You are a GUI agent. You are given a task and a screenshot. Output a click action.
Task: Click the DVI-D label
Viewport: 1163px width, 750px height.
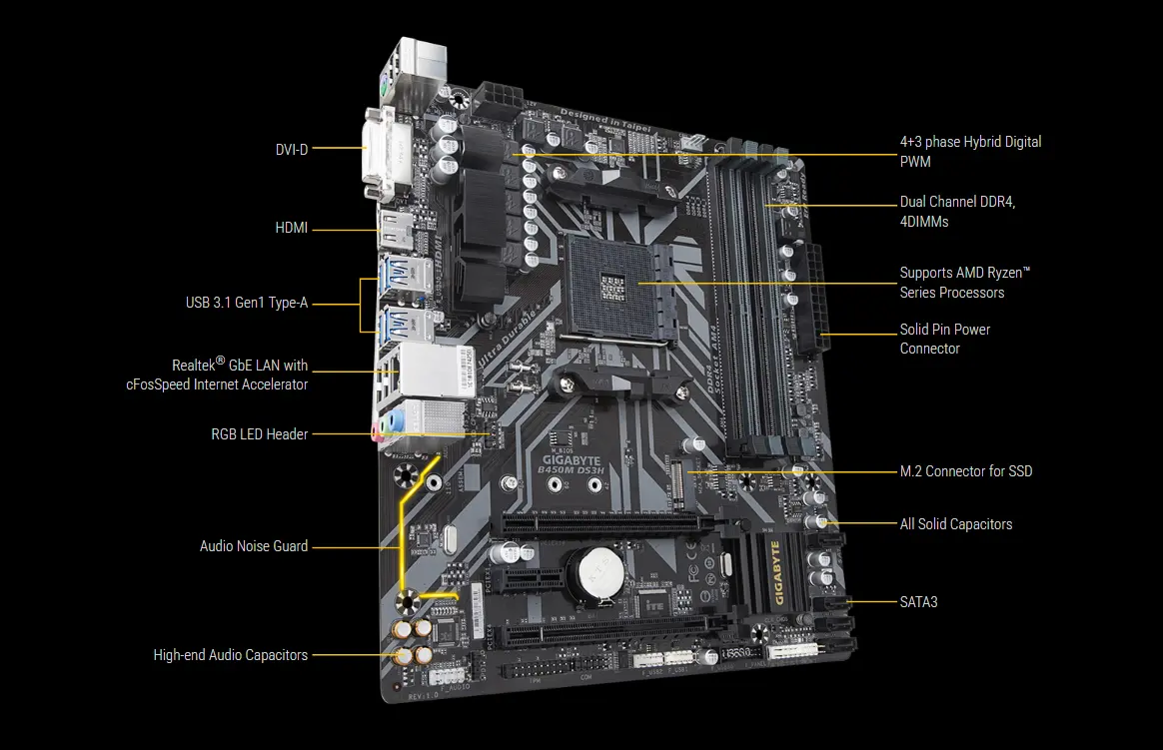click(292, 149)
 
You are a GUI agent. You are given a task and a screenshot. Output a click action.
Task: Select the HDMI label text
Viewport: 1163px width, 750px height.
click(291, 229)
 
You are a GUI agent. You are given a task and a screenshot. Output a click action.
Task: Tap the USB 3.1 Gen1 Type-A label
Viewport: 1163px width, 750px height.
click(246, 303)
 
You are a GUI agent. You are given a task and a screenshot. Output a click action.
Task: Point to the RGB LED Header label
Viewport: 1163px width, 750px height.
click(259, 434)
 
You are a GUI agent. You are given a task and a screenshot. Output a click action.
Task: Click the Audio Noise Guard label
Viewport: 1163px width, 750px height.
click(253, 546)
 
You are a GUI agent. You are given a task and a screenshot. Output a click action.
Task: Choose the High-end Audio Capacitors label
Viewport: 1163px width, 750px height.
click(230, 655)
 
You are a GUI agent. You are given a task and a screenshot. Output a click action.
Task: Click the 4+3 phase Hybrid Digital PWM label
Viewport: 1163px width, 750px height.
click(969, 151)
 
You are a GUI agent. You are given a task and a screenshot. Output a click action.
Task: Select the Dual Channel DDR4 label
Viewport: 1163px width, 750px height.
click(956, 212)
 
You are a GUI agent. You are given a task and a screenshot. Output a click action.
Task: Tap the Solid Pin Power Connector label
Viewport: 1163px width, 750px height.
click(944, 339)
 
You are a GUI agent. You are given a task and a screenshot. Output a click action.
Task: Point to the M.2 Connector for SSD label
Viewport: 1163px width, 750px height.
click(965, 471)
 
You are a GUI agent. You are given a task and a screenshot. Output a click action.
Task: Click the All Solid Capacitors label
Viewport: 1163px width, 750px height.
click(955, 524)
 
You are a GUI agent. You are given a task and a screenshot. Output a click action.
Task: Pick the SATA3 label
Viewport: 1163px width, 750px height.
click(918, 602)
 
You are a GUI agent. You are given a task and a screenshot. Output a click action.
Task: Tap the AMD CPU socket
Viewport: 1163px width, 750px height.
click(610, 283)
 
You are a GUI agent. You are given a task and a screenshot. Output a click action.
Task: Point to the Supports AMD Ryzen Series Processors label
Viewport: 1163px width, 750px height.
click(964, 283)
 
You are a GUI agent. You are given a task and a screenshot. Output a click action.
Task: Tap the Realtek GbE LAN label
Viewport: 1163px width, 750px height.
click(240, 375)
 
